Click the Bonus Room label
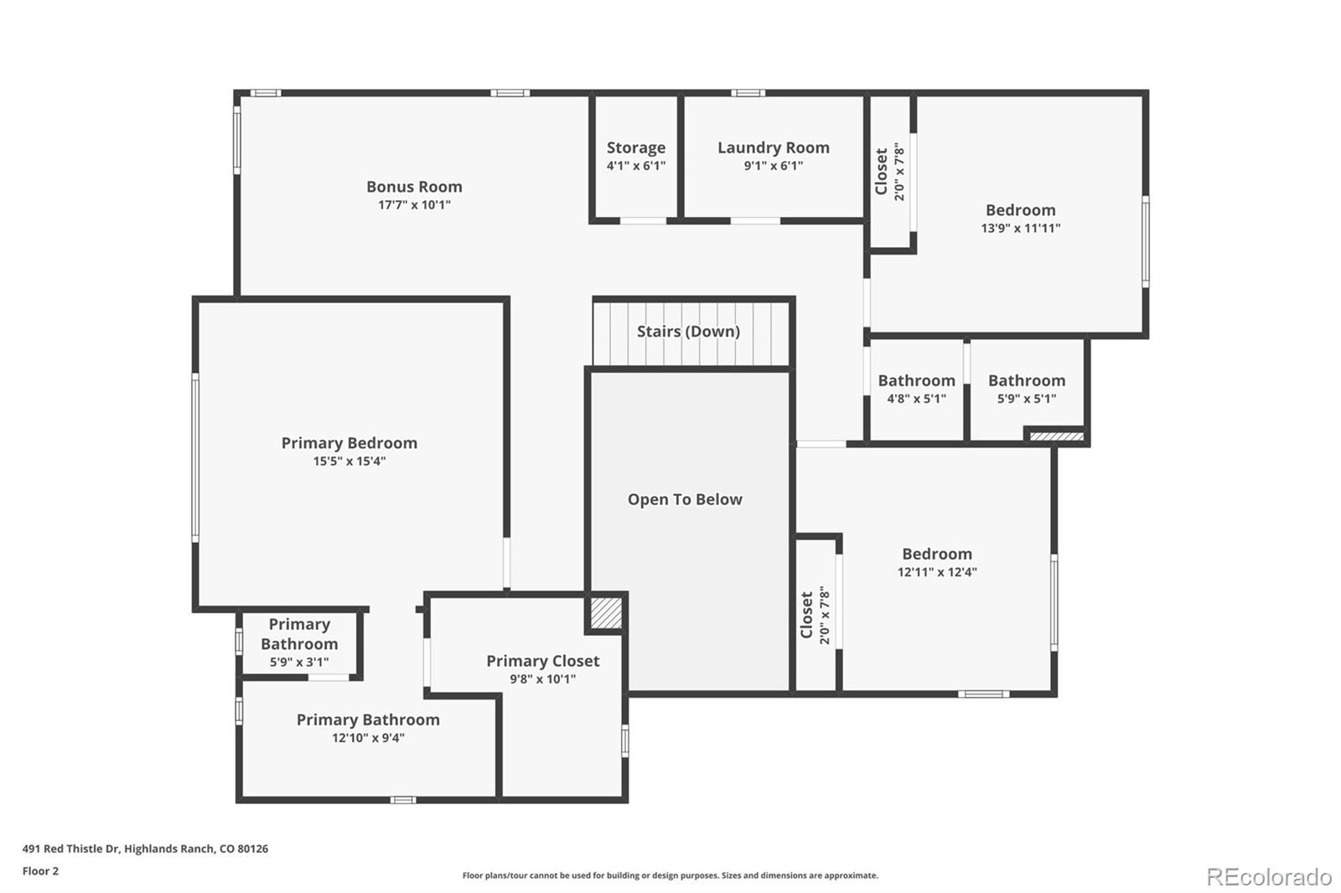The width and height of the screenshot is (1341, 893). (x=414, y=187)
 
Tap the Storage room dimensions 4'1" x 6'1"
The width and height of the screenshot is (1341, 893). (x=636, y=166)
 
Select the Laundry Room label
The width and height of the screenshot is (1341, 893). (x=774, y=147)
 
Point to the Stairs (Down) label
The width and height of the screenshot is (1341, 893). (x=688, y=332)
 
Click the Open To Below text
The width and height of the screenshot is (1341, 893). (x=685, y=499)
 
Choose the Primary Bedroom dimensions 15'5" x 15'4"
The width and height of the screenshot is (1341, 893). (x=349, y=462)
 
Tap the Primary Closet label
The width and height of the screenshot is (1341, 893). (x=542, y=661)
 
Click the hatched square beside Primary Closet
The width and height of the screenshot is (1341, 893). (x=606, y=613)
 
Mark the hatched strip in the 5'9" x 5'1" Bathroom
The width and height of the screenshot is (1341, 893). (x=1057, y=436)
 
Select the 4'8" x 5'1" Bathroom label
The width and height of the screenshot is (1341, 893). (x=917, y=380)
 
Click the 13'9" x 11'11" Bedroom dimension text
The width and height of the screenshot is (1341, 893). (x=1021, y=228)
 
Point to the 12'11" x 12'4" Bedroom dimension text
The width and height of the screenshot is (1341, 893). (x=937, y=572)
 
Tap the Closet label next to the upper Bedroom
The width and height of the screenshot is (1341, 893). (x=881, y=172)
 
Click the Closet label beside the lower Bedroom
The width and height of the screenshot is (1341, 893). (x=806, y=615)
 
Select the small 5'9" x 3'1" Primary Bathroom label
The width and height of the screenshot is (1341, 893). (x=299, y=634)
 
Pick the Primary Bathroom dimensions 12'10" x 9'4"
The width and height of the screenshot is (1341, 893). (x=368, y=738)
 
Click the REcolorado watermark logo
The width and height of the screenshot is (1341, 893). (x=1269, y=877)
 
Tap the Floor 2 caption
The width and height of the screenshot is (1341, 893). (x=41, y=871)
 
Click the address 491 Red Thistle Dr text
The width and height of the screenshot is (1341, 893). (x=71, y=849)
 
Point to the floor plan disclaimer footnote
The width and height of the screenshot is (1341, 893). (x=670, y=875)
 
